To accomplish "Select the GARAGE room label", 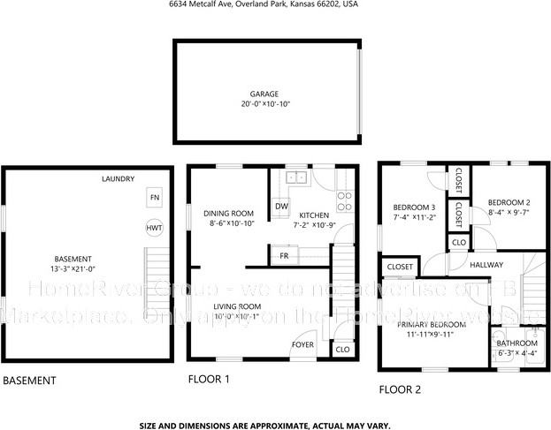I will coord(264,94).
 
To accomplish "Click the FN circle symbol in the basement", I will coord(154,197).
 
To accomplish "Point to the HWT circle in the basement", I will coord(154,227).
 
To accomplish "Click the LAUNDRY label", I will coord(118,178).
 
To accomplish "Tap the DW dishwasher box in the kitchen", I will coord(281,207).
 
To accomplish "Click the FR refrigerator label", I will coord(284,255).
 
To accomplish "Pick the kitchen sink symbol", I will coord(295,178).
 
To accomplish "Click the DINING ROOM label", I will coord(228,213).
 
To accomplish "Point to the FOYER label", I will coord(304,344).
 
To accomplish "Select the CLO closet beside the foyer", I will coord(342,350).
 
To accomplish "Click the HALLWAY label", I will coord(486,264).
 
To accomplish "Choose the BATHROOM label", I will coord(516,343).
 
